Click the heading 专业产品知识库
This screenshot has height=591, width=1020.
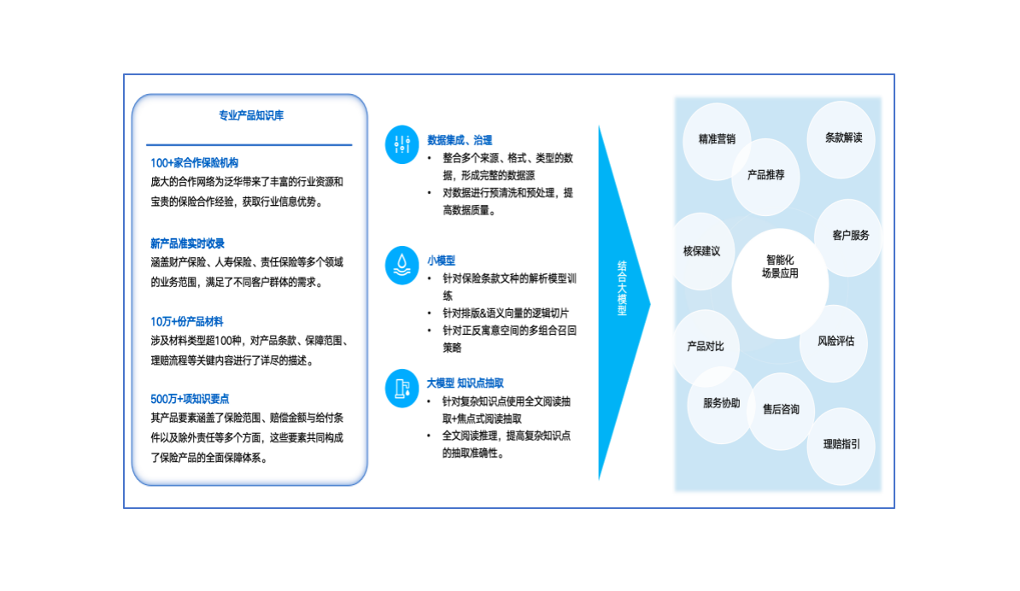pyautogui.click(x=250, y=115)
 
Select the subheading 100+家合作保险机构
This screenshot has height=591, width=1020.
pyautogui.click(x=194, y=162)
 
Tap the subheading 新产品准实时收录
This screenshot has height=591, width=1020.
pyautogui.click(x=187, y=243)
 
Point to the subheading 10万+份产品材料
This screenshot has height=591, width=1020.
pyautogui.click(x=186, y=321)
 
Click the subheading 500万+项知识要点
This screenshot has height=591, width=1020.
pyautogui.click(x=190, y=399)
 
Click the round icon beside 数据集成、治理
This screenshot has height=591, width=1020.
pyautogui.click(x=402, y=144)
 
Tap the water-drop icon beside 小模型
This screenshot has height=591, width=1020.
pyautogui.click(x=402, y=265)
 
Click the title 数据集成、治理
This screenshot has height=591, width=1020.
pyautogui.click(x=460, y=140)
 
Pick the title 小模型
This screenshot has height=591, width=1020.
pyautogui.click(x=441, y=260)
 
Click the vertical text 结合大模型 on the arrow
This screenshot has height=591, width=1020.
pyautogui.click(x=622, y=289)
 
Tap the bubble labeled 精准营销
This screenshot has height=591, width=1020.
pyautogui.click(x=716, y=138)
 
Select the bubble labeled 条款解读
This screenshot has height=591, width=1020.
pyautogui.click(x=843, y=138)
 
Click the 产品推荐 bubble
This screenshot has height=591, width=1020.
pyautogui.click(x=765, y=175)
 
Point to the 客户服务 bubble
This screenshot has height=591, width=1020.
pyautogui.click(x=850, y=235)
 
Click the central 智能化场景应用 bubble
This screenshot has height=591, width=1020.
pyautogui.click(x=780, y=266)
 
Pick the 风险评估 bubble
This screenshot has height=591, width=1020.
pyautogui.click(x=835, y=342)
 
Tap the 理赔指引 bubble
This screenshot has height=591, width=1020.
pyautogui.click(x=841, y=444)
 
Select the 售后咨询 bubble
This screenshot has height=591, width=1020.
pyautogui.click(x=781, y=410)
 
